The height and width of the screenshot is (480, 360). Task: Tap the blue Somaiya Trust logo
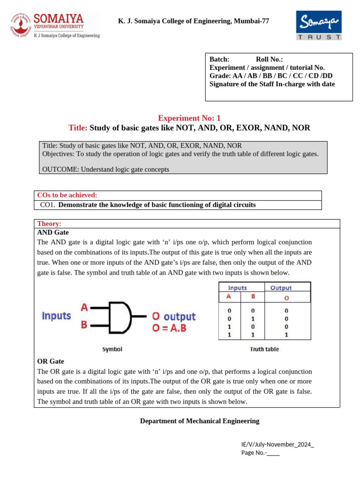tap(318, 26)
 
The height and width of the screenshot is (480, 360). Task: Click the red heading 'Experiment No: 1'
tap(189, 118)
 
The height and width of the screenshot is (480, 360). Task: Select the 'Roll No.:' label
tap(269, 59)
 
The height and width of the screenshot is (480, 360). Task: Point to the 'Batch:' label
tap(219, 59)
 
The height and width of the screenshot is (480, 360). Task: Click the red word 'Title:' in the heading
tap(78, 127)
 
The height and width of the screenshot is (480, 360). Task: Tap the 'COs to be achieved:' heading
tap(67, 195)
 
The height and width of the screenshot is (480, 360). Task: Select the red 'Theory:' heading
tap(49, 224)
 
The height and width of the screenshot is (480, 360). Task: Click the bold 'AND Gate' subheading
tap(53, 232)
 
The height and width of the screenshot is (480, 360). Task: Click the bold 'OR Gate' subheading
tap(51, 361)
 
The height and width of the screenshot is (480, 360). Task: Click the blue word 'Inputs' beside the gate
tap(56, 316)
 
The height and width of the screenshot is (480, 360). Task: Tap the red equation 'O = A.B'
tap(169, 328)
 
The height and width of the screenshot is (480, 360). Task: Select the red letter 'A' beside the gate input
tap(84, 307)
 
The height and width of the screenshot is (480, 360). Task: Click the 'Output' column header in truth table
tap(281, 288)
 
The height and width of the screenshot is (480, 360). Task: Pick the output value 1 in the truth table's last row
tap(286, 335)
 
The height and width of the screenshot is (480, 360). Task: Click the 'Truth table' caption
tap(264, 349)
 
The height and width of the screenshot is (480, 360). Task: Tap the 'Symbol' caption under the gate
tap(112, 349)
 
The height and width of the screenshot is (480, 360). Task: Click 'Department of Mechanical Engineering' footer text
tap(200, 421)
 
